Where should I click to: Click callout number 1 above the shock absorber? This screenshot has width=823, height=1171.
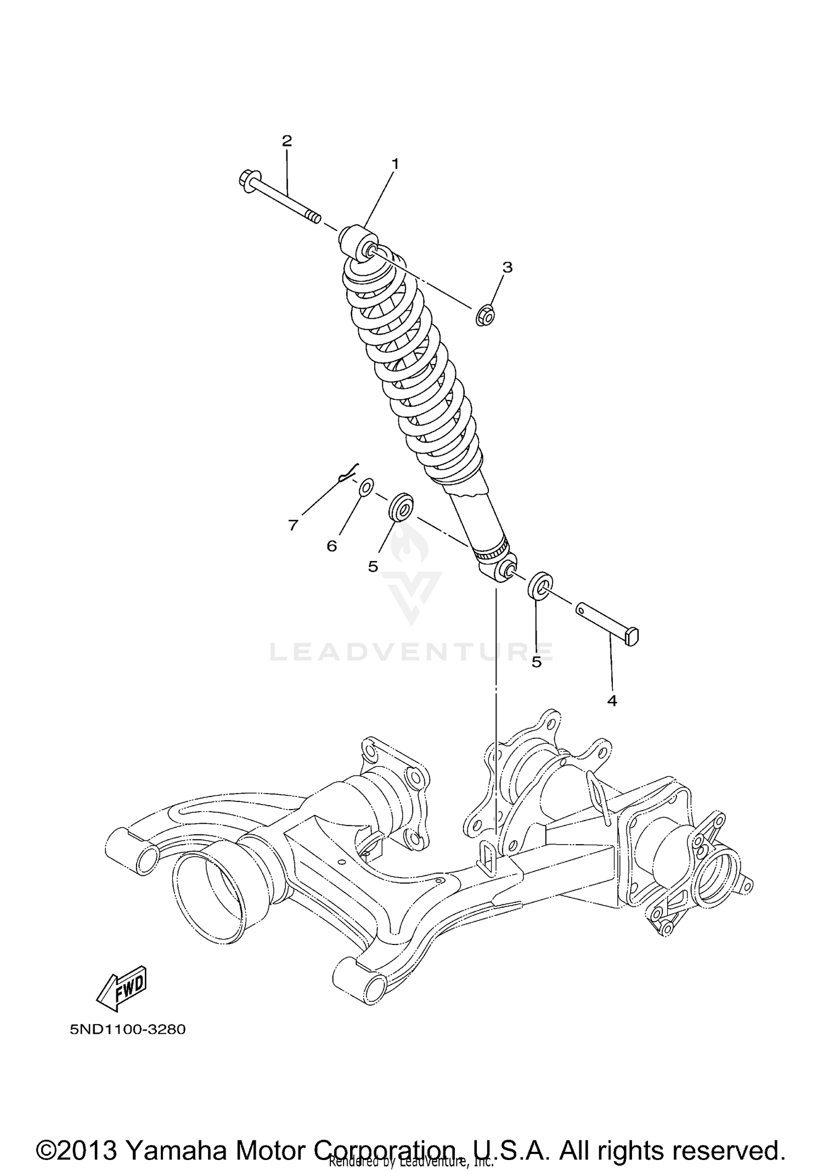point(394,164)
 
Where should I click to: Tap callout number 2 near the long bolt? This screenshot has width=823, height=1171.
point(286,141)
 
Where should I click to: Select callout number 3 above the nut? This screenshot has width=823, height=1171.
point(507,268)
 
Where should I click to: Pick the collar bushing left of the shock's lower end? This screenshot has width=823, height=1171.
point(401,507)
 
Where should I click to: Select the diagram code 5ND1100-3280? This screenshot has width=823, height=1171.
point(127,1029)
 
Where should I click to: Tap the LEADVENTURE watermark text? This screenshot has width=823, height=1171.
point(411,652)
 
